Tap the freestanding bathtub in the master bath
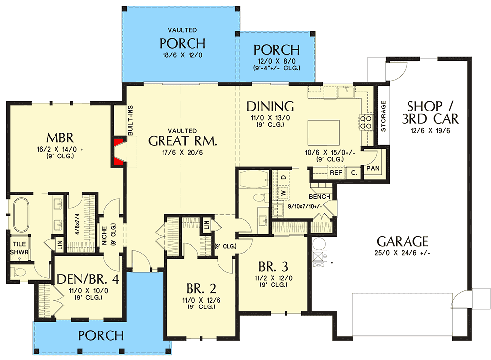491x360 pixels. (21, 216)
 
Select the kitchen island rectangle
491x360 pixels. (324, 132)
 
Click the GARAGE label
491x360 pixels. (402, 242)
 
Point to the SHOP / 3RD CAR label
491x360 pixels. (430, 113)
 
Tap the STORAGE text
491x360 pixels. (383, 116)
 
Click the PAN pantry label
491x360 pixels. (373, 168)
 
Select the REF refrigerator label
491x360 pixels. (336, 173)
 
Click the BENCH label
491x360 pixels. (320, 197)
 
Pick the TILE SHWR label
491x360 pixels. (20, 248)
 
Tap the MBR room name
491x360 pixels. (60, 138)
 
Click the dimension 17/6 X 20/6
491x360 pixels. (182, 153)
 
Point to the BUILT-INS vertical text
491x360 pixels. (130, 120)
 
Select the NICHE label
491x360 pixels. (104, 235)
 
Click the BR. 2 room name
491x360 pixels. (201, 288)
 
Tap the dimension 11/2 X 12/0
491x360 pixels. (273, 278)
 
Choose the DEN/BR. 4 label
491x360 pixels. (88, 279)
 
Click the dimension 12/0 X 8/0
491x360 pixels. (276, 61)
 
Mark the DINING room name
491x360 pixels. (270, 106)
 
